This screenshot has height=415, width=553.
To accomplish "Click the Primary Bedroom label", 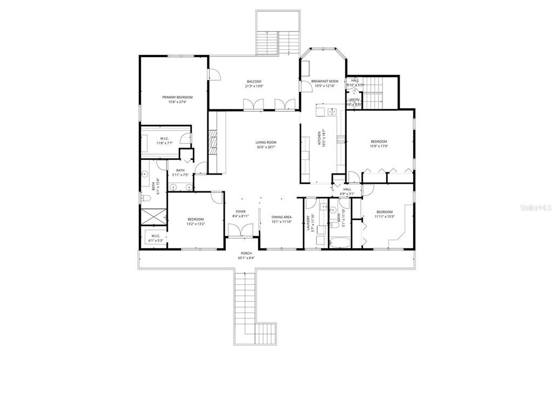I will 177,97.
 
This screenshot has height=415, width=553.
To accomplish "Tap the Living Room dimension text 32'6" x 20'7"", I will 266,147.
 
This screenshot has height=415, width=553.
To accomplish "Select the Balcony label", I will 254,82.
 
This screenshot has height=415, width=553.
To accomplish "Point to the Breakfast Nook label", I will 325,81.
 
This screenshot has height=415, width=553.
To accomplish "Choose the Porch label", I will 246,253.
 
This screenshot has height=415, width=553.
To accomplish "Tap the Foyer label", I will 240,212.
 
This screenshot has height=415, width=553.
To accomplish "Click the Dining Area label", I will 281,217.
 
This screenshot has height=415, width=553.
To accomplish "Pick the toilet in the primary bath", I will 145,199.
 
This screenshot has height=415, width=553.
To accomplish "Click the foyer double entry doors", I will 241,231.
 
